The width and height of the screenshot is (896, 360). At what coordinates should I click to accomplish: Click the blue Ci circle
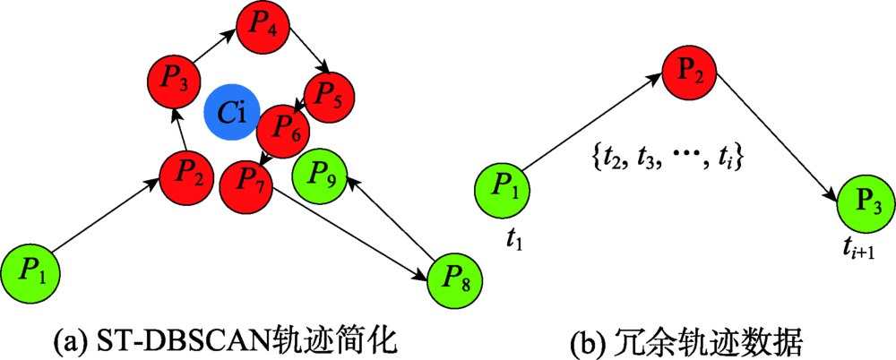tap(232, 113)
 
